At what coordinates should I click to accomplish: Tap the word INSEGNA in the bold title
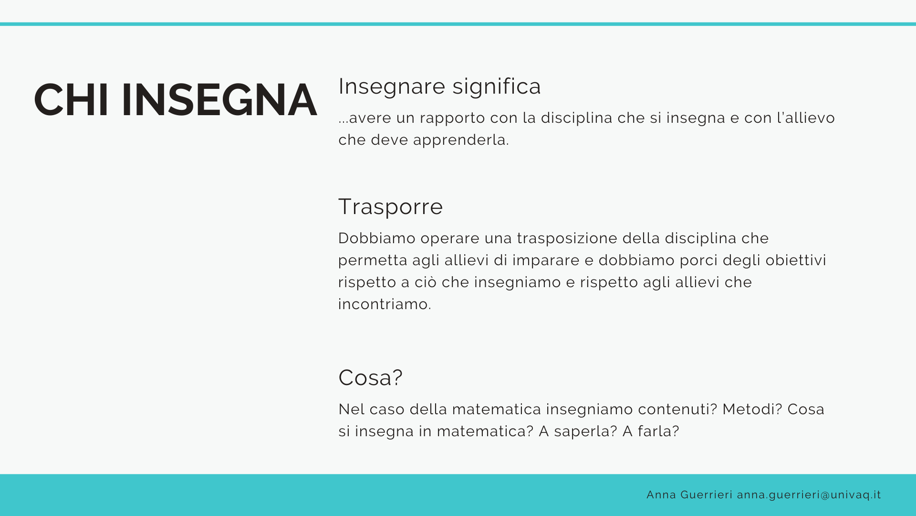tap(219, 100)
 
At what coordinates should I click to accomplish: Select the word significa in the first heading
tap(497, 87)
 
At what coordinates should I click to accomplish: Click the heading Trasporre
tap(391, 207)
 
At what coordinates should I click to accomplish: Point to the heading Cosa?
tap(371, 377)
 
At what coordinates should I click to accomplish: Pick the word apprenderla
tap(461, 140)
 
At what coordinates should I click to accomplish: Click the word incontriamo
tap(385, 304)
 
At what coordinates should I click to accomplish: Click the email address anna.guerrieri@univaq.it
tap(809, 495)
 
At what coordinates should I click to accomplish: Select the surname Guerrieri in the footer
tap(706, 495)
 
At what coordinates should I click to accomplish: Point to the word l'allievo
tap(806, 118)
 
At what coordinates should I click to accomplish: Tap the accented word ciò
tap(426, 282)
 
